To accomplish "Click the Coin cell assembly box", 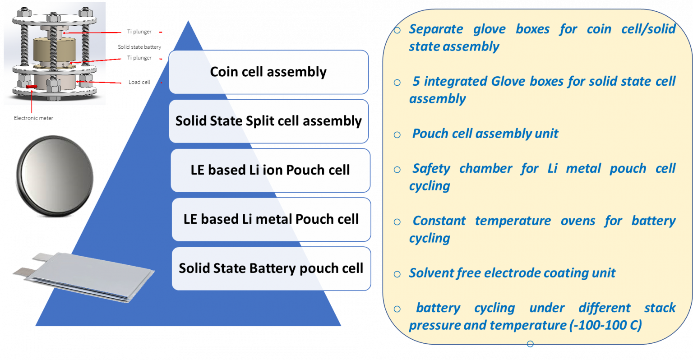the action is click(x=268, y=72).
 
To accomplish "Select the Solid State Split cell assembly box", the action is click(x=268, y=121).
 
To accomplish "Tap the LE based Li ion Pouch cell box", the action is click(x=270, y=171).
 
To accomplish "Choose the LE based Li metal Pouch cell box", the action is click(x=271, y=220).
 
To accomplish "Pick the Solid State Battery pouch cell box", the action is click(x=271, y=268).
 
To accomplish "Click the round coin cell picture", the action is click(x=55, y=176).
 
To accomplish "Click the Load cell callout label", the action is click(x=139, y=82).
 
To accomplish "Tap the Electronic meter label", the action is click(x=33, y=118).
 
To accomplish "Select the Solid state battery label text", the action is click(x=139, y=47).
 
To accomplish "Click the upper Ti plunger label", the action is click(x=139, y=32).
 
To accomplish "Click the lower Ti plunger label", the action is click(x=139, y=58).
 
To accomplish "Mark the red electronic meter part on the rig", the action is click(x=32, y=87).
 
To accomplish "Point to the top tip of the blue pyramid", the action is click(x=188, y=21).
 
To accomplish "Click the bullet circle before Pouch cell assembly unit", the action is click(x=397, y=135).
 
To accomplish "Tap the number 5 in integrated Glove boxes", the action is click(x=416, y=81).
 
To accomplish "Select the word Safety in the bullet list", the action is click(x=431, y=169).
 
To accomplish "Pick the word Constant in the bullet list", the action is click(x=439, y=221).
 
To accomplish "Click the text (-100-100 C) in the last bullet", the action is click(x=605, y=325).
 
